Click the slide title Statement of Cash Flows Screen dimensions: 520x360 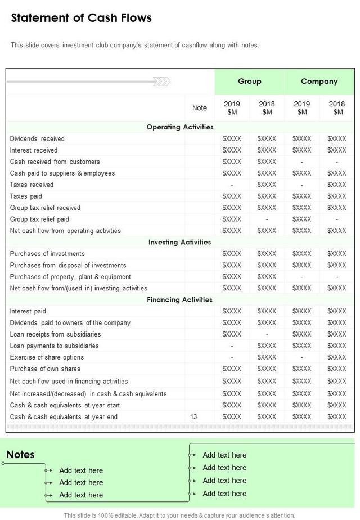(82, 18)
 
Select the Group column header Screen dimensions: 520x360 (249, 81)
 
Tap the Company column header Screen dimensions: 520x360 (319, 81)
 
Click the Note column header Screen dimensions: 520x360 (200, 108)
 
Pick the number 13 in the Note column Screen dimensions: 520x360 (194, 417)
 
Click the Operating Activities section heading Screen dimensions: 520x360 (180, 127)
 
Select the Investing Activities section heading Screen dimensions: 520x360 (180, 242)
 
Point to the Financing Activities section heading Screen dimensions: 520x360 (180, 300)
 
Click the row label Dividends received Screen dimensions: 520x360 (37, 138)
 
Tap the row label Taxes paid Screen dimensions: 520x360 (26, 196)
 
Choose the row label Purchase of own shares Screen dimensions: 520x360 (45, 369)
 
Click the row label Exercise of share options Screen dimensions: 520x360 (47, 357)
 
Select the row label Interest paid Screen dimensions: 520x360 (28, 311)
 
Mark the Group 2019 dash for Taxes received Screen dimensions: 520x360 (232, 185)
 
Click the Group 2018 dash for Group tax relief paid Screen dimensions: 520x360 (267, 219)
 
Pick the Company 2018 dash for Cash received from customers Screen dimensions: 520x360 (337, 162)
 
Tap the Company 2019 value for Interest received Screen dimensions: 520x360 (302, 150)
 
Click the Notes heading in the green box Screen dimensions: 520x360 (20, 454)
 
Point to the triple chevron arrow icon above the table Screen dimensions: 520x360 (162, 82)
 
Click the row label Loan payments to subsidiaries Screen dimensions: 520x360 (55, 346)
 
